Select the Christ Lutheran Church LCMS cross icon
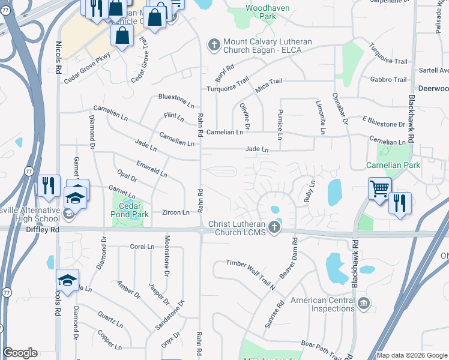click(x=274, y=227)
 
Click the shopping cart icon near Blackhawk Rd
click(x=379, y=188)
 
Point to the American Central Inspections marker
click(x=363, y=304)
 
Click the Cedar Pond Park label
click(x=131, y=208)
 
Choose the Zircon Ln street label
click(x=175, y=212)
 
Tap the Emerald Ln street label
click(x=151, y=169)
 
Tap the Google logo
click(x=20, y=353)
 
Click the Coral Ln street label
click(x=142, y=247)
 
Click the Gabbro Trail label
click(x=388, y=79)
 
